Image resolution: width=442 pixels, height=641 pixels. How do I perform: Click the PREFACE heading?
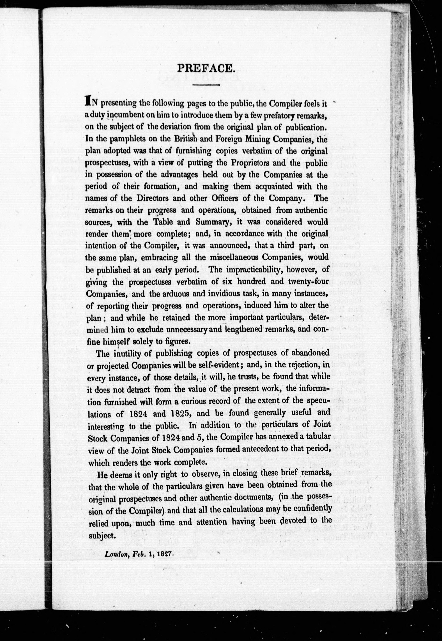[206, 68]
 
